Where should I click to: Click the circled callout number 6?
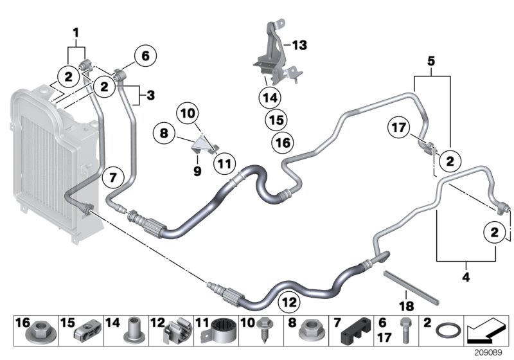click(145, 57)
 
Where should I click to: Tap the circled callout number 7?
click(112, 175)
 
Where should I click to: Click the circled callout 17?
click(398, 129)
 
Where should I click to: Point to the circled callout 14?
click(270, 98)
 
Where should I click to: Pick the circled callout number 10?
click(188, 113)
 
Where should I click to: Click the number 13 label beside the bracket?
click(299, 45)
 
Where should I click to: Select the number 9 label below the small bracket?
click(197, 171)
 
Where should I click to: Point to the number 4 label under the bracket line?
click(466, 278)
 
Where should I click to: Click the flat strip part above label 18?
click(411, 287)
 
